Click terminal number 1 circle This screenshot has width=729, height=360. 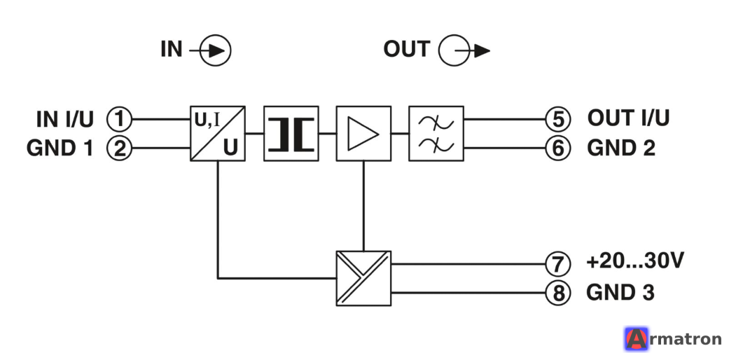click(120, 119)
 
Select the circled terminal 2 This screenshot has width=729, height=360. click(120, 148)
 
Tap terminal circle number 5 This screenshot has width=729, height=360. click(558, 119)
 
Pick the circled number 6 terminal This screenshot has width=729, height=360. click(558, 148)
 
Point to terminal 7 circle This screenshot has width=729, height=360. click(558, 264)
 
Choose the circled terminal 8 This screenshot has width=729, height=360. click(558, 293)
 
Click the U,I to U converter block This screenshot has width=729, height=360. click(218, 134)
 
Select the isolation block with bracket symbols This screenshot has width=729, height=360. click(291, 134)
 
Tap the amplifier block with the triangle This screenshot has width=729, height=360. click(363, 134)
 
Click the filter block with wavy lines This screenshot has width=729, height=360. click(436, 134)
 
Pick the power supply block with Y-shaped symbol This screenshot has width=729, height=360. click(363, 278)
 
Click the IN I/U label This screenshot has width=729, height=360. click(65, 120)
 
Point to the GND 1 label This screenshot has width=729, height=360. click(60, 148)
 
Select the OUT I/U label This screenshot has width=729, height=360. click(628, 118)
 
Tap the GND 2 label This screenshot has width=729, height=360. click(621, 148)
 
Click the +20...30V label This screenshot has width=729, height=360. click(635, 261)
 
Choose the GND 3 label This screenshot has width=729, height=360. click(620, 293)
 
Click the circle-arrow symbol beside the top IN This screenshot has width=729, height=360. click(210, 50)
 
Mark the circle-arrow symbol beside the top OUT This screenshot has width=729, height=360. click(464, 50)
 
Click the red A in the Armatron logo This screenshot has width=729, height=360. click(637, 339)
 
